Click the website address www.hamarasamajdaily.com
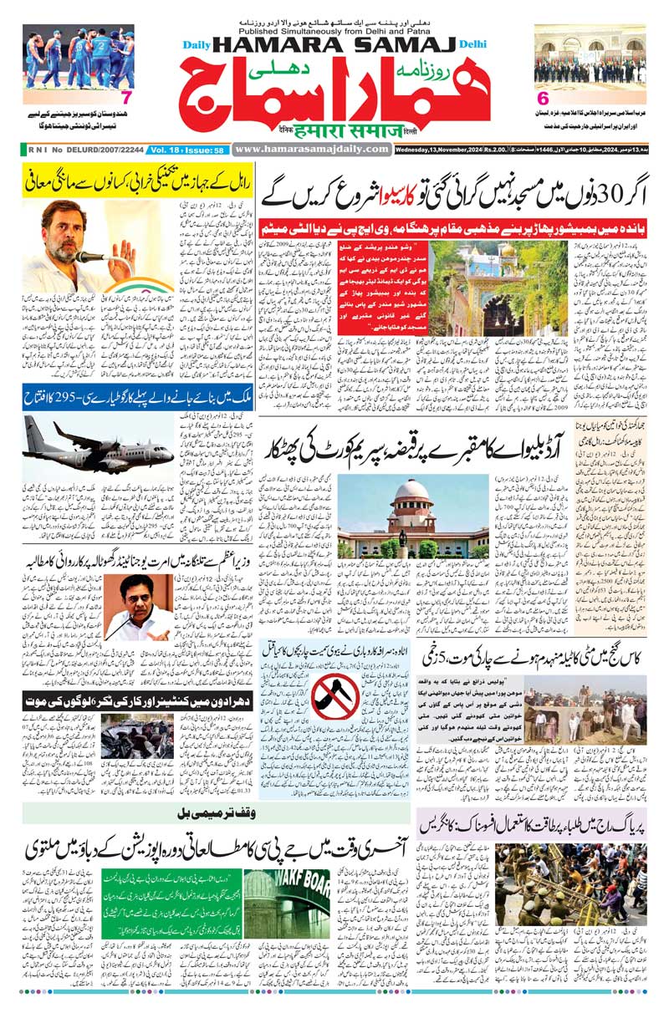pyautogui.click(x=312, y=149)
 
